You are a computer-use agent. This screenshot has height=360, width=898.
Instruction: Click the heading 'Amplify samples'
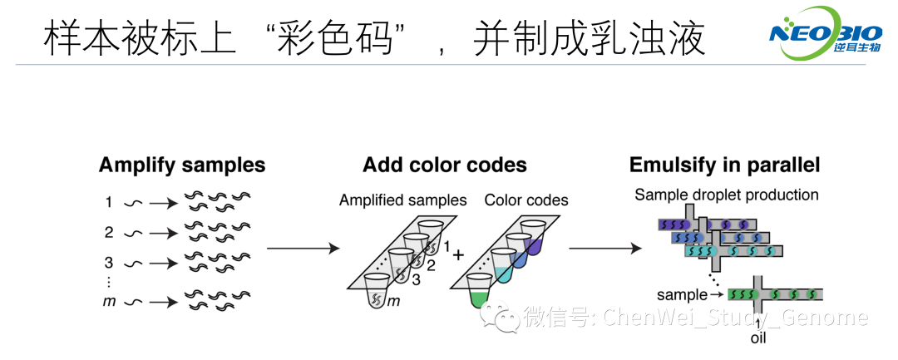(x=182, y=165)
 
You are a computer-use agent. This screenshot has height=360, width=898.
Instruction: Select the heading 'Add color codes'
(x=444, y=165)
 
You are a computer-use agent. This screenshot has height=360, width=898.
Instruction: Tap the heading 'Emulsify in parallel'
(x=724, y=165)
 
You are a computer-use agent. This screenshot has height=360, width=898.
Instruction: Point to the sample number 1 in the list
(x=108, y=202)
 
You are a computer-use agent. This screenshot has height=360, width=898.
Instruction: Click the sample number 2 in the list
(x=108, y=232)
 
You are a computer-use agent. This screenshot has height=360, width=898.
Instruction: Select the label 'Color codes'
(x=526, y=200)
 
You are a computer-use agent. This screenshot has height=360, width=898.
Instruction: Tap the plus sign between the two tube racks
(x=457, y=254)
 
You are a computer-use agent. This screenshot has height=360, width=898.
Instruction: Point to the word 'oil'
(x=758, y=338)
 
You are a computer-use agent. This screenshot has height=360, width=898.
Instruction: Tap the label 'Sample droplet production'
(x=726, y=195)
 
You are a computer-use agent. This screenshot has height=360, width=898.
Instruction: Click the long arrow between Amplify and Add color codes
(x=303, y=248)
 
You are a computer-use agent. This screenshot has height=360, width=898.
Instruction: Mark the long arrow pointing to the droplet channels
(x=605, y=248)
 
